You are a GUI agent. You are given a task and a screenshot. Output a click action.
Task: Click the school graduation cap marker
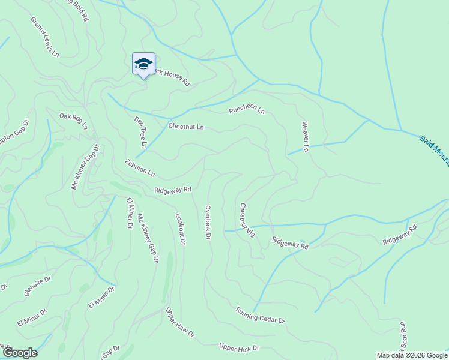click(143, 64)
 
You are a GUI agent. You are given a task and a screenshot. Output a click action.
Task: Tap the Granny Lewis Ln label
click(45, 37)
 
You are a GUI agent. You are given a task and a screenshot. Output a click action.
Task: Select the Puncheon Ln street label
click(246, 110)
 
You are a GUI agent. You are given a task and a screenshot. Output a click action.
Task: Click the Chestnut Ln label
click(186, 127)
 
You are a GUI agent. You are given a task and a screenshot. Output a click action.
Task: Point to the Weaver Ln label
click(306, 136)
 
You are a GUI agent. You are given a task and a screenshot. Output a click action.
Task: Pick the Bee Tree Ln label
click(140, 132)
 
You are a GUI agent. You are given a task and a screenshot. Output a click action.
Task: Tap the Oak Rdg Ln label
click(73, 121)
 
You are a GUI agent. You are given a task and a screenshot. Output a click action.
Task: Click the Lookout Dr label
click(181, 229)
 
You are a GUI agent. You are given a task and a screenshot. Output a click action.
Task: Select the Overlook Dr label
click(208, 223)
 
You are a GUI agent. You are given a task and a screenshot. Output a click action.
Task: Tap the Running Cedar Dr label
click(260, 316)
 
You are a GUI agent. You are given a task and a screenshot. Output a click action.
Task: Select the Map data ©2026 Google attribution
click(412, 355)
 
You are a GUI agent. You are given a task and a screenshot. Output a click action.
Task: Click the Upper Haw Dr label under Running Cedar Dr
click(239, 347)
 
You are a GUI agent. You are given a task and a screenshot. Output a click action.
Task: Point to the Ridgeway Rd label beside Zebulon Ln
click(172, 190)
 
